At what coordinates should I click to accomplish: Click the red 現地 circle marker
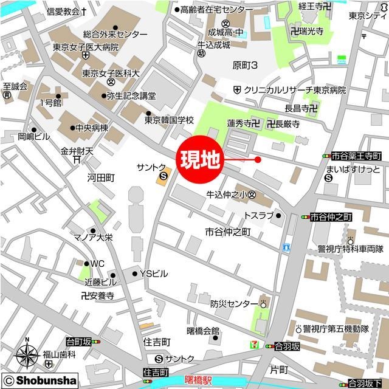coord(199,160)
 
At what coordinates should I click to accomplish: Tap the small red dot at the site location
coord(258,160)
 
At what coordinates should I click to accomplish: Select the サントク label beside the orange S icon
coord(151,167)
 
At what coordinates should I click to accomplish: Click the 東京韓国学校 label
coord(169,120)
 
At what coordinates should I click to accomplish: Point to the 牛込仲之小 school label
coord(227,195)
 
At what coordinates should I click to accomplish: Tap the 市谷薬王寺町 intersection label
coord(356,156)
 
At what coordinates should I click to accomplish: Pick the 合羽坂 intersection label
coord(287,346)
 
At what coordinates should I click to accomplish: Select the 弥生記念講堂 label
coord(131,95)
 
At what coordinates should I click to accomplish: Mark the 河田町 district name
coord(101,178)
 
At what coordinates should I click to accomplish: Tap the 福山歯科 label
coord(59,354)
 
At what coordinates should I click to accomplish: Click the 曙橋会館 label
coord(203,331)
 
